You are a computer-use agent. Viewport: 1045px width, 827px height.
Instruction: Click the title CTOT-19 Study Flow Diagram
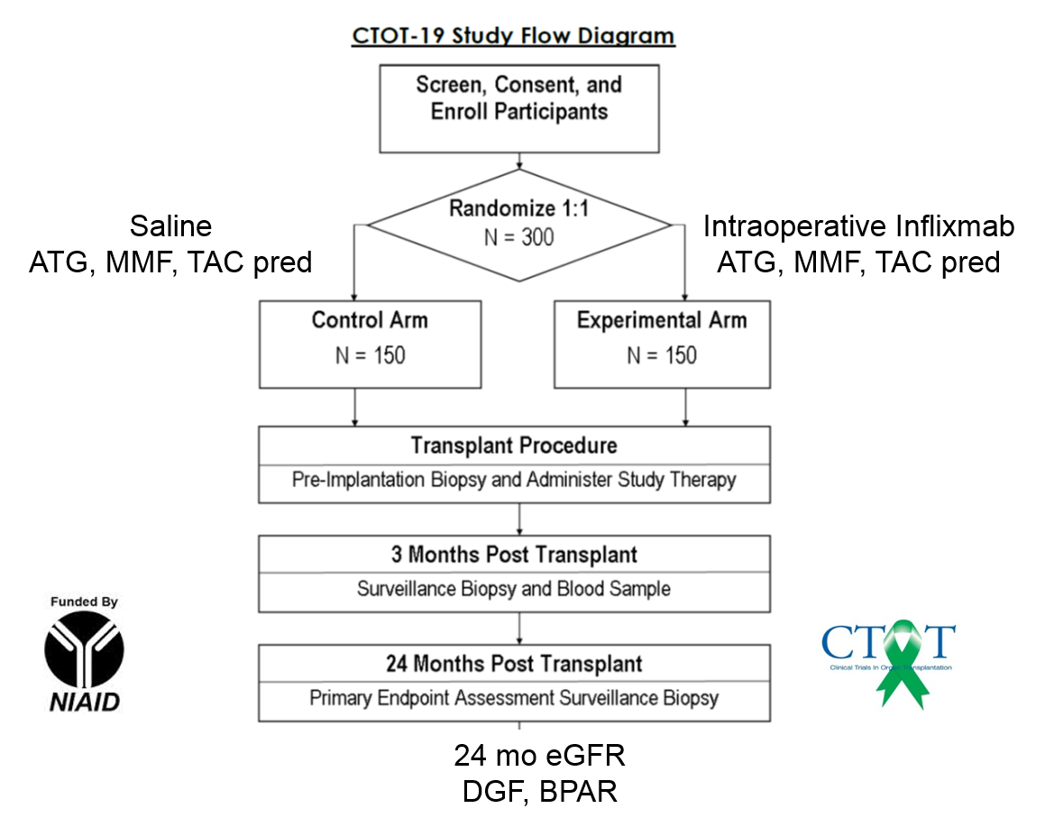pos(512,37)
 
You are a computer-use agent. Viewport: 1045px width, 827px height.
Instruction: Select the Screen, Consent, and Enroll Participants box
pos(518,108)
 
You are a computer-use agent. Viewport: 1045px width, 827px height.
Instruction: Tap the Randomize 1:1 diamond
pos(518,225)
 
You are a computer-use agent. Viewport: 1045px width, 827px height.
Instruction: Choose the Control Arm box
pos(370,345)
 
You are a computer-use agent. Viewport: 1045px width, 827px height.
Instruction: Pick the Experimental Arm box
pos(662,345)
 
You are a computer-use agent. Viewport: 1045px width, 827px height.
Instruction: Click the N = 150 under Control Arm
pos(370,356)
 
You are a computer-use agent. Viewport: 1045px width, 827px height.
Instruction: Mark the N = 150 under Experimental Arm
pos(662,356)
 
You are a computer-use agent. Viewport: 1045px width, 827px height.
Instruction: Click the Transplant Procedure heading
pos(514,446)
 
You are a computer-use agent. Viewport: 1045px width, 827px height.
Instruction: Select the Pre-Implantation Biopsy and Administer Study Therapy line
pos(514,480)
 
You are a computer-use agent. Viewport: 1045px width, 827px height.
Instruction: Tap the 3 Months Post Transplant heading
pos(514,555)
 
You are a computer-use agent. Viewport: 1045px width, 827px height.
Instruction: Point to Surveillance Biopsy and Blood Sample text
pos(514,590)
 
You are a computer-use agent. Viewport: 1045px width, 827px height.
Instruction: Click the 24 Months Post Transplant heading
pos(514,665)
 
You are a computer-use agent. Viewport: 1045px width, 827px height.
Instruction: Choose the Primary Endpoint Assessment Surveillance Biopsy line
pos(514,698)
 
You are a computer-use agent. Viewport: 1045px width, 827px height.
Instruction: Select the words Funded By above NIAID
pos(84,602)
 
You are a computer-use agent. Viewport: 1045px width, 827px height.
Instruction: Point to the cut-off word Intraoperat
pos(775,225)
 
